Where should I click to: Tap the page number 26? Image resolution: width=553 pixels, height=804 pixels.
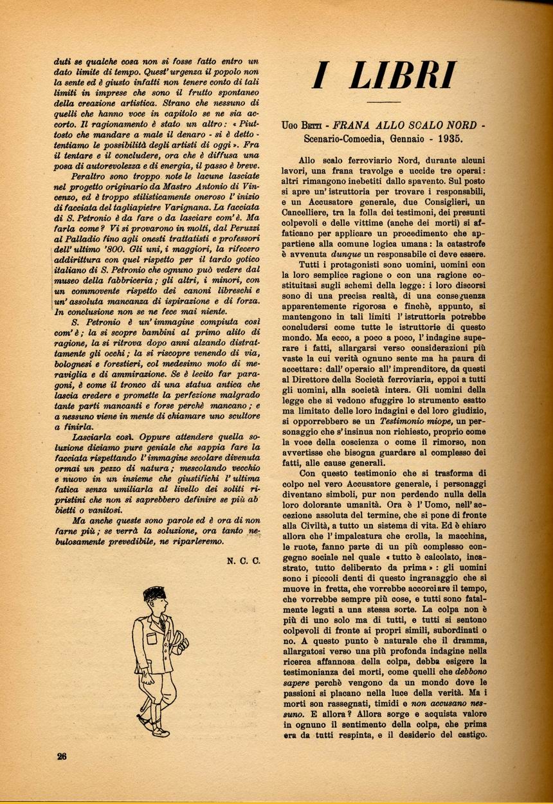(x=62, y=756)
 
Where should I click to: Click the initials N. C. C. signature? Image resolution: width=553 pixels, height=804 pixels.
(x=243, y=561)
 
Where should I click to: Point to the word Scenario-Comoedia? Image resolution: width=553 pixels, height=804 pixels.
(x=346, y=138)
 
